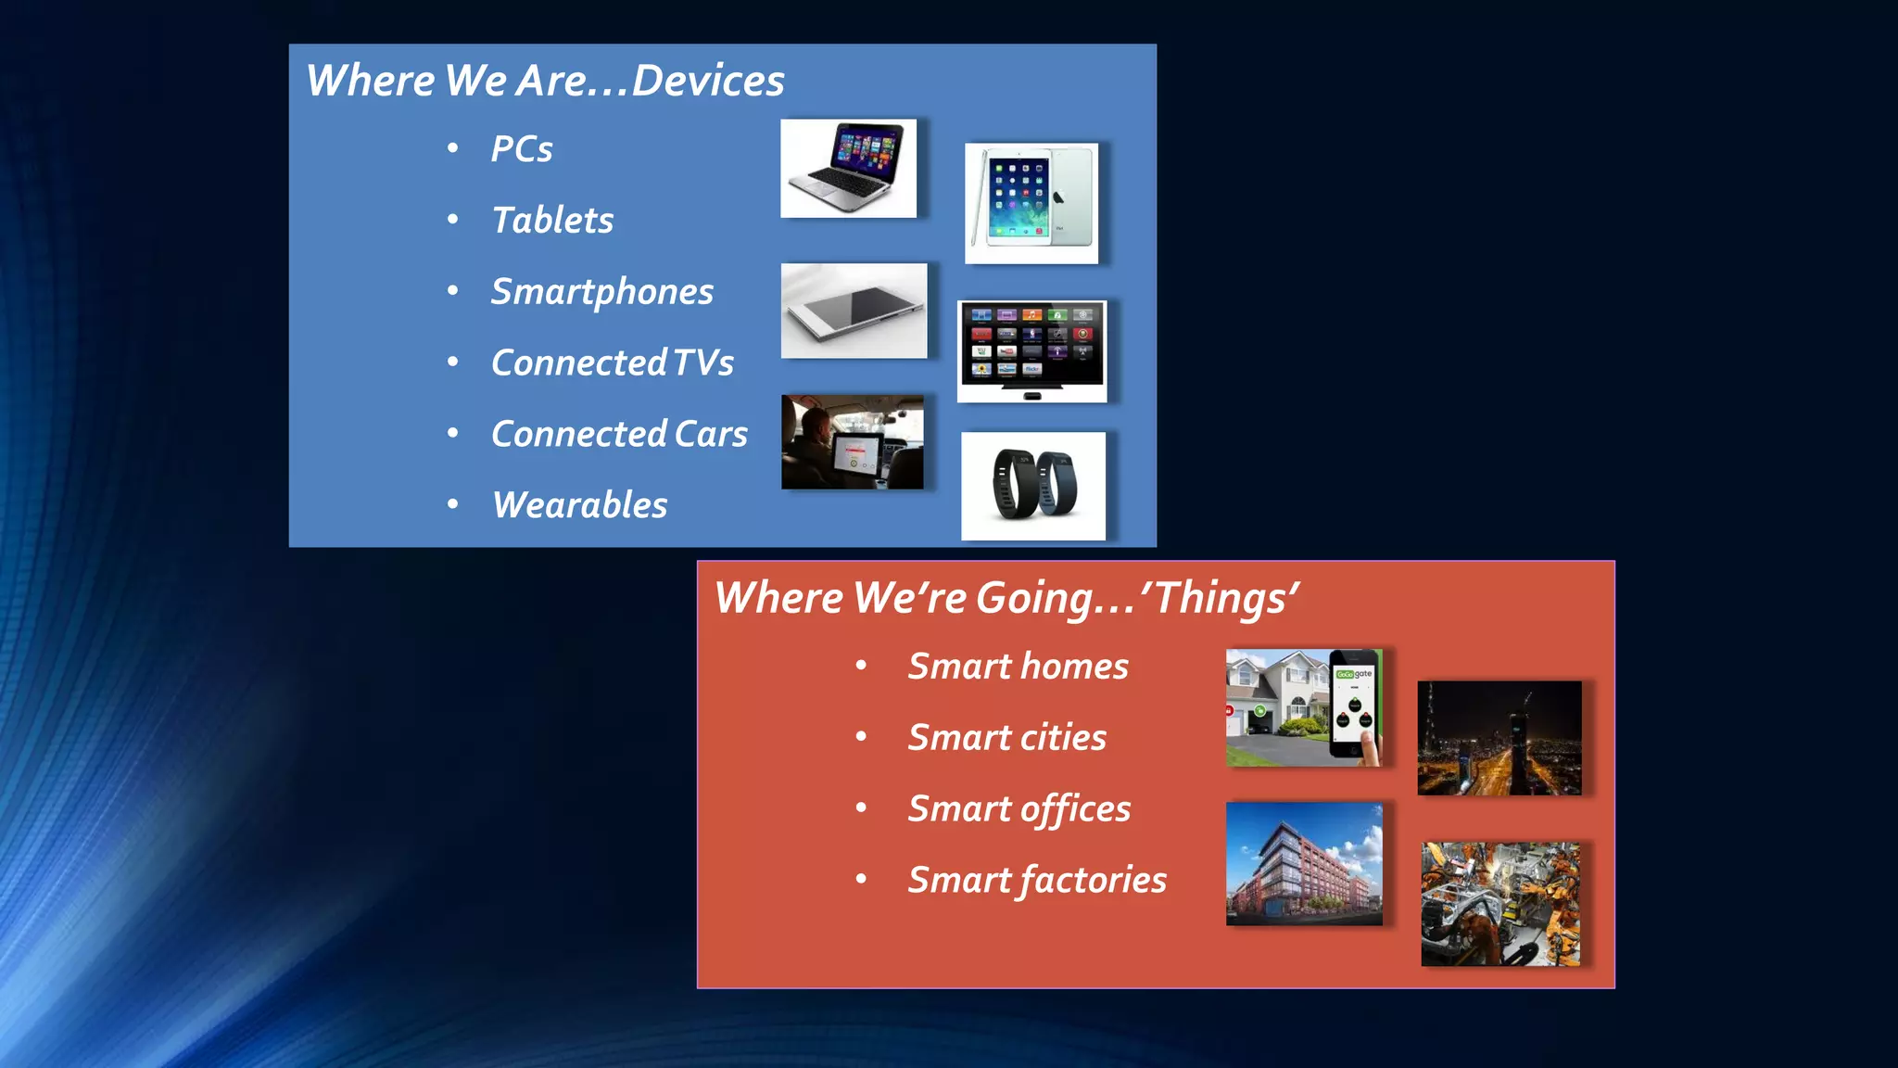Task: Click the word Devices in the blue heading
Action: [x=708, y=81]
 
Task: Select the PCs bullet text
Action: [x=522, y=149]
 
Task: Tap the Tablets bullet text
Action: [x=552, y=221]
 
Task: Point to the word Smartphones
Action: [x=601, y=292]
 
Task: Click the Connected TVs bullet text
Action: [x=612, y=362]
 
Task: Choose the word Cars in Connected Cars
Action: [x=711, y=434]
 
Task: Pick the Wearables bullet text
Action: [x=579, y=505]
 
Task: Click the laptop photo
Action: [x=848, y=168]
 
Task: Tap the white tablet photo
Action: [x=1031, y=203]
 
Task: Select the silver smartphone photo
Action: [x=854, y=311]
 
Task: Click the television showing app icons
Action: [x=1031, y=350]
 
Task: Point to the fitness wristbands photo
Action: [x=1032, y=486]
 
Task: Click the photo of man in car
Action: [x=852, y=442]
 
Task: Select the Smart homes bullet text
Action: [x=1018, y=667]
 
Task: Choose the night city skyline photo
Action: [x=1499, y=738]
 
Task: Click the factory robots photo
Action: [x=1499, y=904]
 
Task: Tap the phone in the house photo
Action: [x=1354, y=705]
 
